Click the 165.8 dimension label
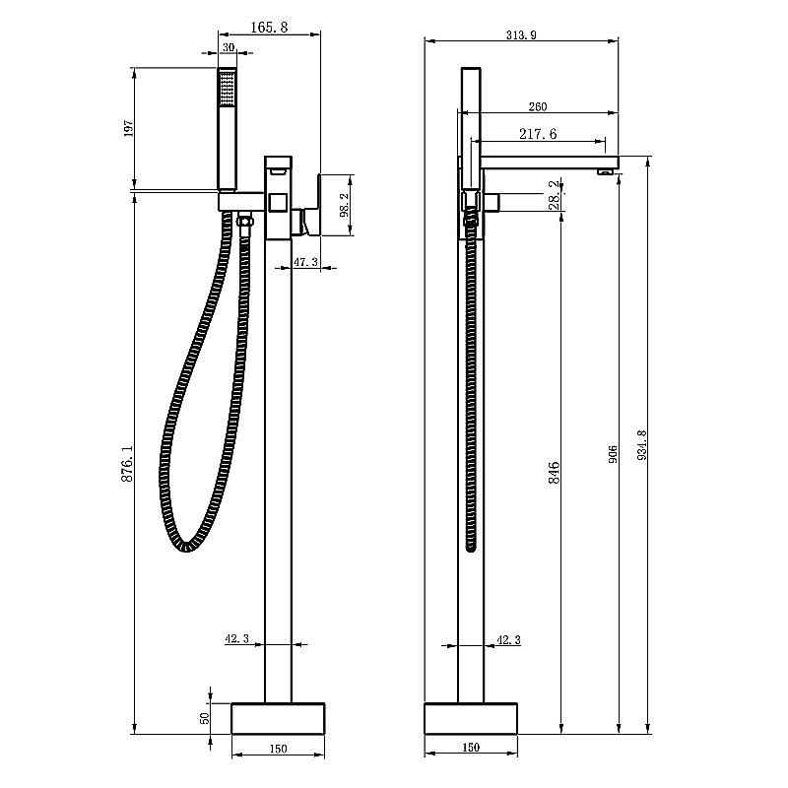[269, 28]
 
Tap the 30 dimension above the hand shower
[229, 47]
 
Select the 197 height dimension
[129, 129]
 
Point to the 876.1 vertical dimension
[127, 463]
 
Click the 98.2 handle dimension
[345, 205]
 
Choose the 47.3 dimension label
[305, 262]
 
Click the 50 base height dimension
[205, 718]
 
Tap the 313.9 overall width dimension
[521, 34]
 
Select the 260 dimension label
[537, 106]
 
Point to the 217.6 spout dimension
[538, 134]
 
